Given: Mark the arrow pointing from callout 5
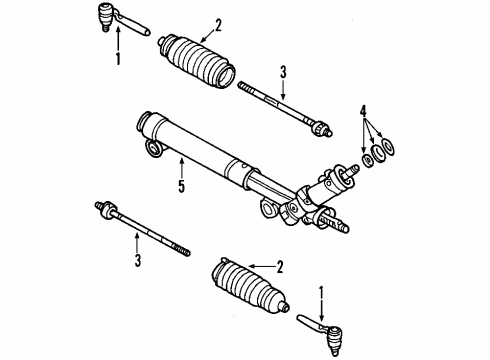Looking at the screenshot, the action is [x=181, y=165].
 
